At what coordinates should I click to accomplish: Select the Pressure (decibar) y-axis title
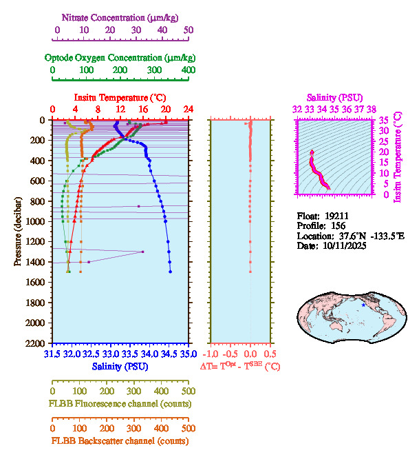[17, 232]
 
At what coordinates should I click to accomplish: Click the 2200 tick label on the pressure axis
[36, 343]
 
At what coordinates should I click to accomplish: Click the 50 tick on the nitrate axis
[189, 30]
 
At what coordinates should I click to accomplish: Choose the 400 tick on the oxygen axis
[188, 70]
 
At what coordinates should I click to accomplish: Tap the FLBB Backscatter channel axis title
[120, 441]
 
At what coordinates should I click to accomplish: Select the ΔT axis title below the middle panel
[240, 367]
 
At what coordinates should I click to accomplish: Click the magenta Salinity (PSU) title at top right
[334, 98]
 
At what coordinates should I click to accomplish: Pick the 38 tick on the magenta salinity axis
[372, 109]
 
